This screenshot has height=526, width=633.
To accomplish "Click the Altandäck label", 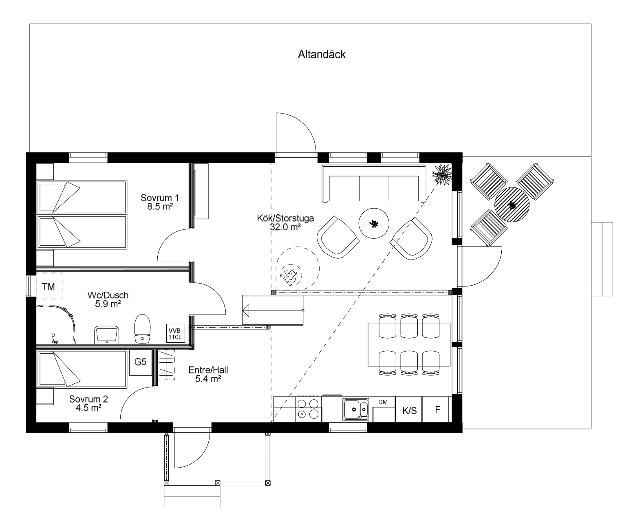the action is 322,55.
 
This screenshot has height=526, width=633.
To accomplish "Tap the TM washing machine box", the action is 49,286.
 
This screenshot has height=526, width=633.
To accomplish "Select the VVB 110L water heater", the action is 176,333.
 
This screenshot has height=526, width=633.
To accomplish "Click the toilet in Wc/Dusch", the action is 143,329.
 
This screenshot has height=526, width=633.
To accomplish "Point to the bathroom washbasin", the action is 106,335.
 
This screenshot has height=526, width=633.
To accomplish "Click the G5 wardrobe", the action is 140,363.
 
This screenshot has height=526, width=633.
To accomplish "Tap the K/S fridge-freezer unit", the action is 409,410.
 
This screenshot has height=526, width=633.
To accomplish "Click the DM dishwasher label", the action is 383,402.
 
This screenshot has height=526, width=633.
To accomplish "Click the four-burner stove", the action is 308,409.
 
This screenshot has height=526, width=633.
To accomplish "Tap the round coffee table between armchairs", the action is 374,223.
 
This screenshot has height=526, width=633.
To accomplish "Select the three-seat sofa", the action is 374,184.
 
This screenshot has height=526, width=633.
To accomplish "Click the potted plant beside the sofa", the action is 442,174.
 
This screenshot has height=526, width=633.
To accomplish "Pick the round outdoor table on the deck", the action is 512,205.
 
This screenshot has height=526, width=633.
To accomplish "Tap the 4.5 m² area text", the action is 88,408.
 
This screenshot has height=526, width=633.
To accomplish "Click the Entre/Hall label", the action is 208,370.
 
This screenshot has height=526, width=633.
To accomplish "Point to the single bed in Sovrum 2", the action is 82,369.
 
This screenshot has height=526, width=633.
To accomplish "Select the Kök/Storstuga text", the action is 285,218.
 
